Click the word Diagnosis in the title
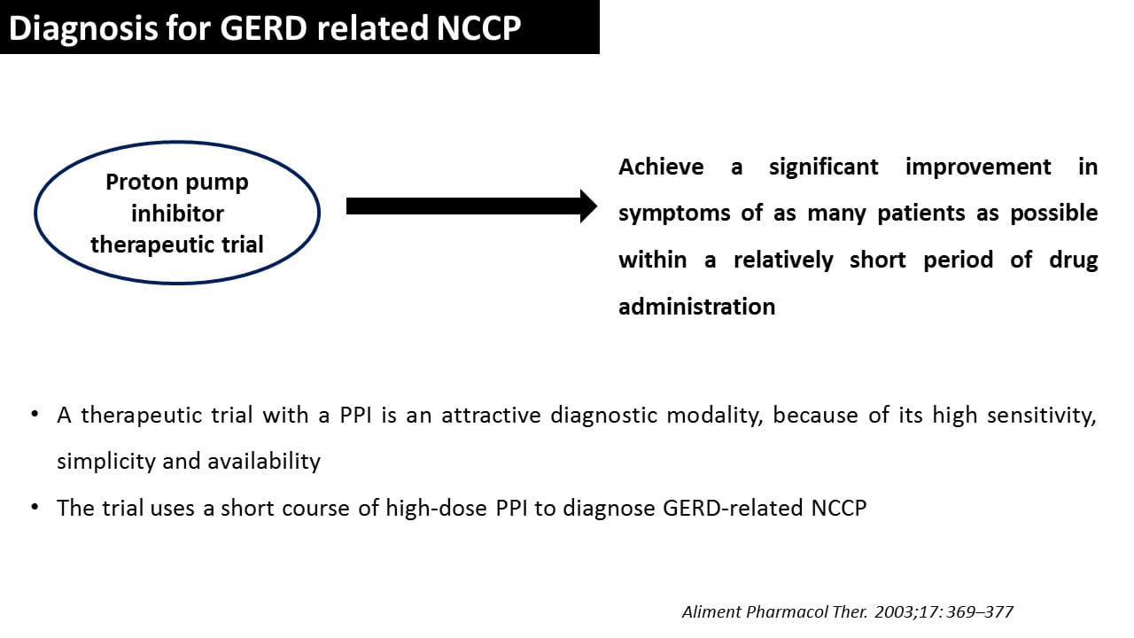point(83,28)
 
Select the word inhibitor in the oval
point(177,214)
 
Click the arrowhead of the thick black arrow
point(589,206)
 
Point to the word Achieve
point(661,167)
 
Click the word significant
point(824,167)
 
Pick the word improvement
point(978,167)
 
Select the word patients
point(921,214)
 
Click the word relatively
point(783,261)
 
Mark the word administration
point(697,307)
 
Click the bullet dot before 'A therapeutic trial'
point(35,414)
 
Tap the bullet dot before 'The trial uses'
point(35,507)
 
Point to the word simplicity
point(105,462)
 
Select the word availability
point(264,462)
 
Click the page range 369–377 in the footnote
point(979,612)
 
